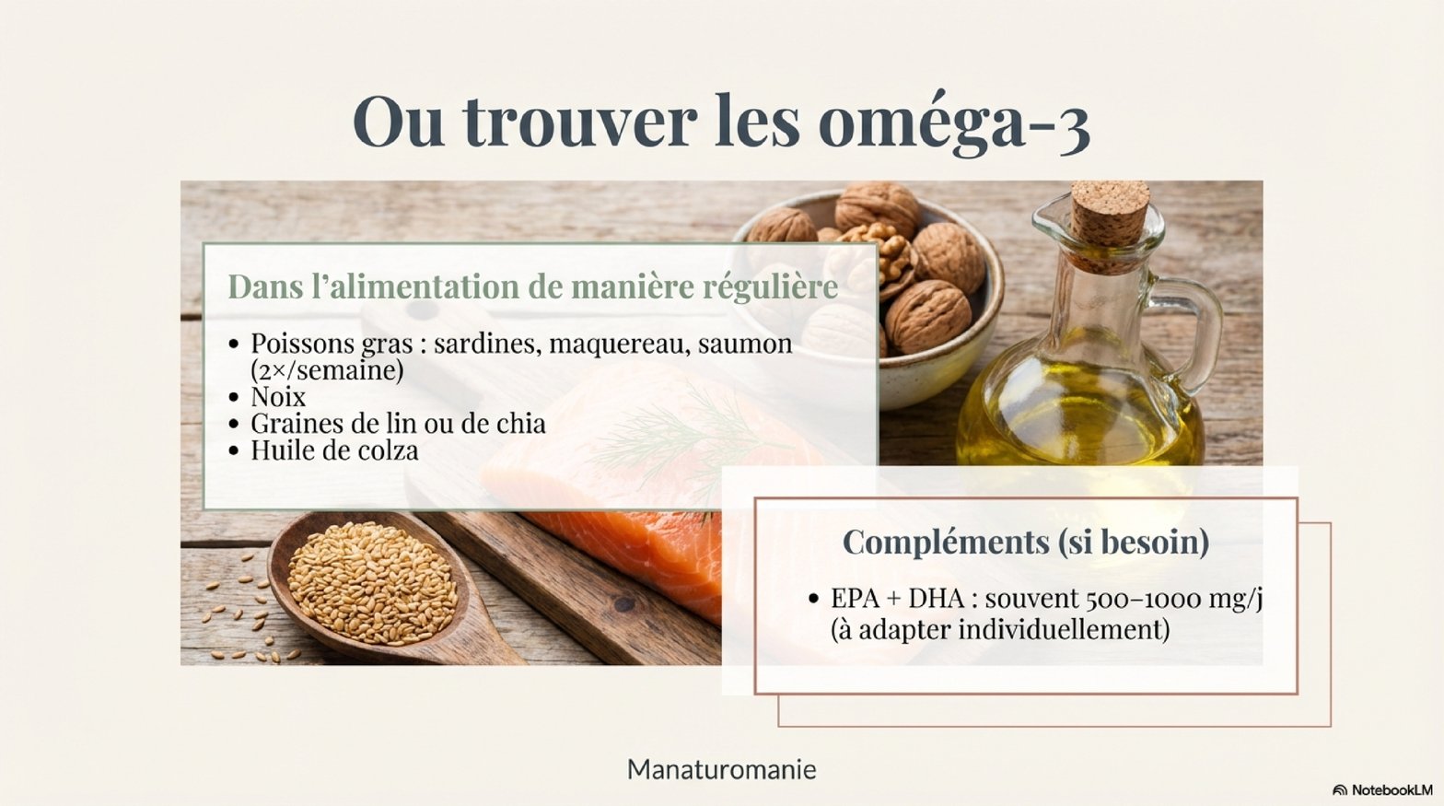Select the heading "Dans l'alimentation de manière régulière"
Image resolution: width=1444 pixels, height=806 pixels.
(533, 287)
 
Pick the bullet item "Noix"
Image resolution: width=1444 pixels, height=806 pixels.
(278, 396)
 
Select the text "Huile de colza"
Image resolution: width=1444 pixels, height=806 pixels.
(334, 450)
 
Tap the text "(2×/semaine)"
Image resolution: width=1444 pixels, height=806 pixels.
(327, 370)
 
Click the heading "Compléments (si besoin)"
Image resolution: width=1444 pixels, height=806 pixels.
(1026, 542)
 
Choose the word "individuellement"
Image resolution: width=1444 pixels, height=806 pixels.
(1064, 628)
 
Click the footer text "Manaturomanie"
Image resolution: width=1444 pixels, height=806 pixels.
(721, 770)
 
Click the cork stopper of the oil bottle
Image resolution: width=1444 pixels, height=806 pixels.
(1110, 222)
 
